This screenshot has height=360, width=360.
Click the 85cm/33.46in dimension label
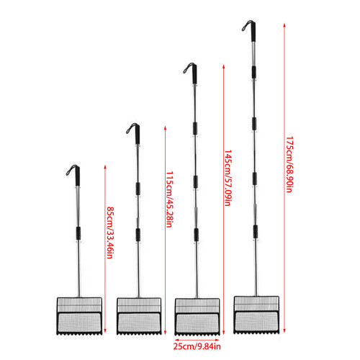pyautogui.click(x=110, y=233)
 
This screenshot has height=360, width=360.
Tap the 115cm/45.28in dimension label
pyautogui.click(x=170, y=199)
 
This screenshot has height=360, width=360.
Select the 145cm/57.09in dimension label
pyautogui.click(x=228, y=178)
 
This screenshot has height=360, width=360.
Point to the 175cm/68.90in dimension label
pyautogui.click(x=289, y=164)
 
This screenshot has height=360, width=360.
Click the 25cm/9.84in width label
pyautogui.click(x=197, y=346)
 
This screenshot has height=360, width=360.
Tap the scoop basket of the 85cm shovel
pyautogui.click(x=79, y=316)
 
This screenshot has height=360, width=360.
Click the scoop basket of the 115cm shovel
pyautogui.click(x=139, y=316)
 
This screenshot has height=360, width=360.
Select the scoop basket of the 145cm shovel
pyautogui.click(x=197, y=317)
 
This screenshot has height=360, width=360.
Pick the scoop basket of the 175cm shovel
pyautogui.click(x=256, y=315)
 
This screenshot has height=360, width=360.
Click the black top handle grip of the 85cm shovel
pyautogui.click(x=77, y=176)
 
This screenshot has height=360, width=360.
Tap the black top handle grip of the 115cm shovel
pyautogui.click(x=137, y=135)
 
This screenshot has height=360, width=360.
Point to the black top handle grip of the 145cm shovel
pyautogui.click(x=194, y=74)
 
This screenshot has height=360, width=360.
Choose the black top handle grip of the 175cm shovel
pyautogui.click(x=253, y=32)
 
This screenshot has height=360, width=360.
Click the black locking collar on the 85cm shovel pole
pyautogui.click(x=78, y=233)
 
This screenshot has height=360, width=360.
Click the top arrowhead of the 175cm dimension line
pyautogui.click(x=284, y=25)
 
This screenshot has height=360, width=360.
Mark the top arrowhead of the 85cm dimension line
pyautogui.click(x=105, y=167)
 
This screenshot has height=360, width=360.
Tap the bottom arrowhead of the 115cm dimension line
pyautogui.click(x=165, y=333)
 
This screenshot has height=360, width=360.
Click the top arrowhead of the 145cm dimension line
pyautogui.click(x=223, y=66)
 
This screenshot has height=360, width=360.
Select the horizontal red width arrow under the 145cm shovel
pyautogui.click(x=197, y=340)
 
